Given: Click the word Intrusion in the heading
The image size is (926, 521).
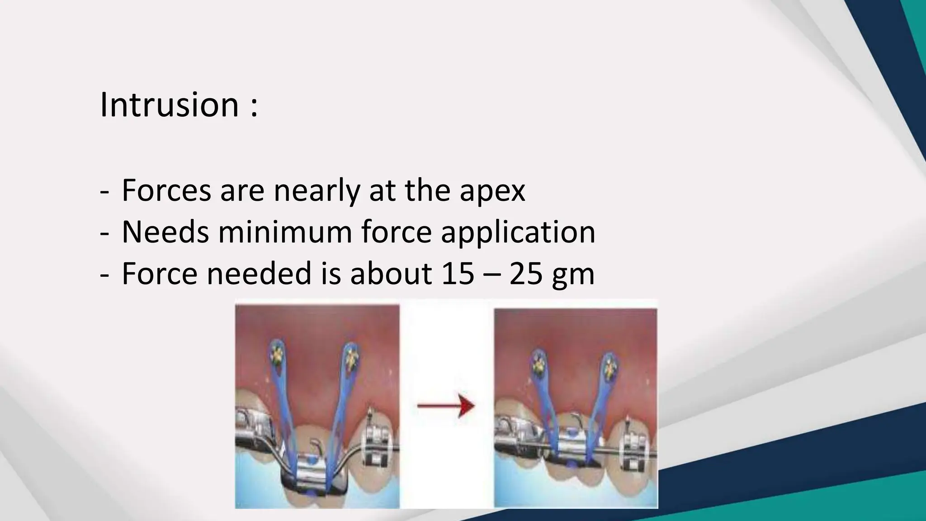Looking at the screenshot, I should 169,104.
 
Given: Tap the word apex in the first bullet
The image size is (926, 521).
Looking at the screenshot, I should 492,190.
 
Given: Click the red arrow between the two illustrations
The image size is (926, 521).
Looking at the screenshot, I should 446,406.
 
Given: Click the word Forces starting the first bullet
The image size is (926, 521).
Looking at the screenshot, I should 166,190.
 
